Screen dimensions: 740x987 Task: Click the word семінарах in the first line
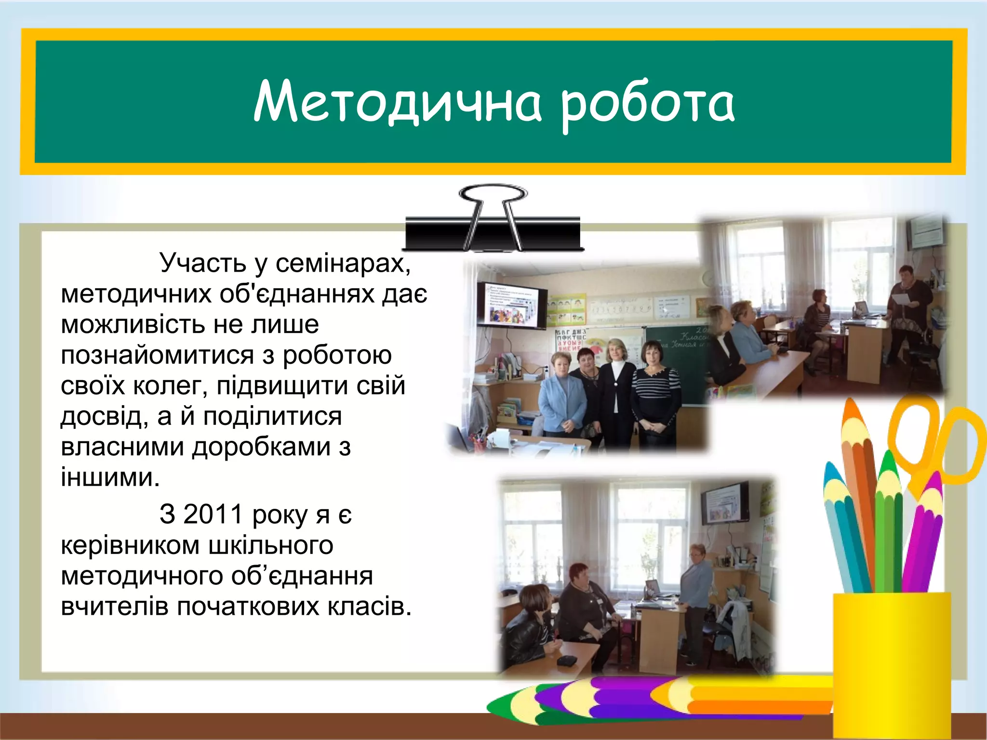pos(343,263)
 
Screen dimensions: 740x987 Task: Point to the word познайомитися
pos(157,356)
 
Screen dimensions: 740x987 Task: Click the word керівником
pos(130,545)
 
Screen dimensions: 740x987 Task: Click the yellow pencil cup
pos(892,665)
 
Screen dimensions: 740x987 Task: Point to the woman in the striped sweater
pos(655,390)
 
